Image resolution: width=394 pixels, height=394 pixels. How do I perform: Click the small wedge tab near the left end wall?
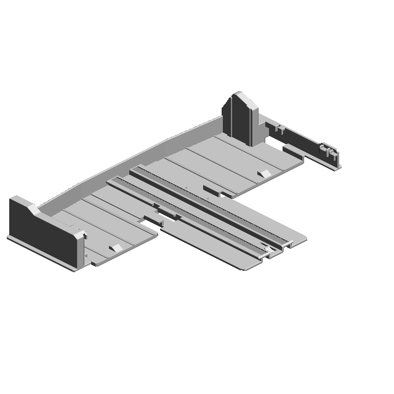tap(114, 247)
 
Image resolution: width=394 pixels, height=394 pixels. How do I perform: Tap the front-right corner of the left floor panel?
tap(156, 233)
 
